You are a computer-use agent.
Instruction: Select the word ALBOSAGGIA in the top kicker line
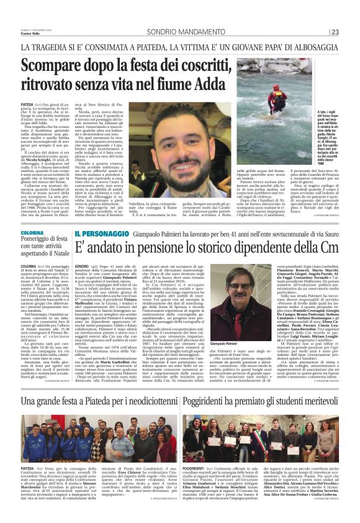point(308,47)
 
